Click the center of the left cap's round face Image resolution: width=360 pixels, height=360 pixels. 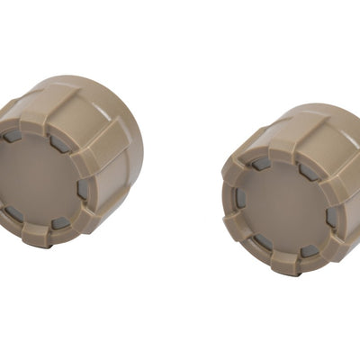click(45, 180)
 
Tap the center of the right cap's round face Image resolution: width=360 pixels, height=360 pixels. click(281, 204)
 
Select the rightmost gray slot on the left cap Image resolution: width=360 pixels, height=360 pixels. click(83, 190)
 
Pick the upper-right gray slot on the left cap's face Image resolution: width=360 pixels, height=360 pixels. click(58, 143)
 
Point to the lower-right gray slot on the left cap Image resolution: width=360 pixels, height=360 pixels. click(59, 222)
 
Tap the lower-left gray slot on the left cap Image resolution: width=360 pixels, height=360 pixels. click(15, 213)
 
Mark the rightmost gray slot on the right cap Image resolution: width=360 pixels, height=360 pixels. click(331, 216)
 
